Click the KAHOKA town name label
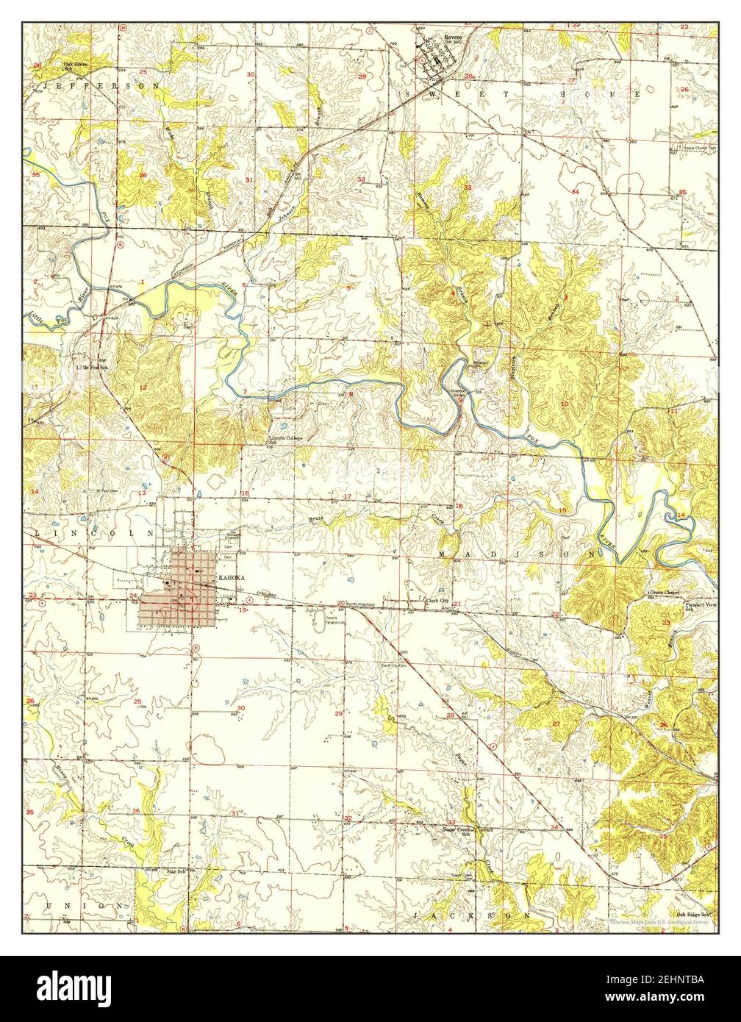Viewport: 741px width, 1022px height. pyautogui.click(x=230, y=579)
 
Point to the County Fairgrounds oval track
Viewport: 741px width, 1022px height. pyautogui.click(x=318, y=621)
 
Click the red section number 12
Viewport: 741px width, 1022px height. pyautogui.click(x=144, y=387)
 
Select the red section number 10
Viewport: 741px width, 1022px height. pyautogui.click(x=565, y=404)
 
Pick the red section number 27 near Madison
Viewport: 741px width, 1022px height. pyautogui.click(x=556, y=724)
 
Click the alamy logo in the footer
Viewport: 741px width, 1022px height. pyautogui.click(x=73, y=989)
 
